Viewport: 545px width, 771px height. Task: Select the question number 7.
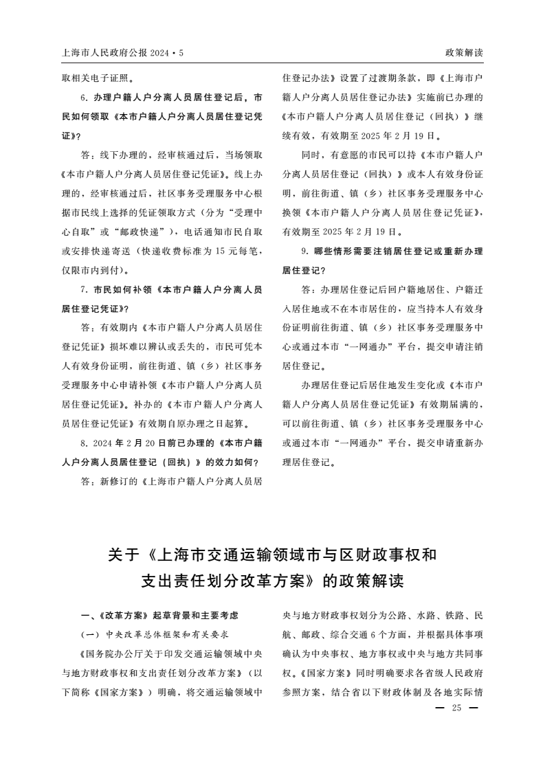click(84, 290)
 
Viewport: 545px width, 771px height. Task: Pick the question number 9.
click(305, 252)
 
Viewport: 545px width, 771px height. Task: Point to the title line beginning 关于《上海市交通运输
click(272, 555)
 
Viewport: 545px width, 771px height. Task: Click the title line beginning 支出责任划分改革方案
click(272, 581)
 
